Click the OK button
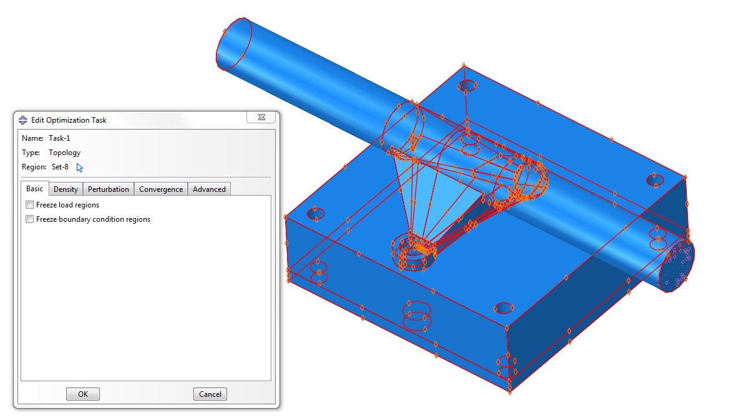(82, 394)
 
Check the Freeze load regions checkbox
(30, 205)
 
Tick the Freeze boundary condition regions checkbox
(30, 219)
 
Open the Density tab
(66, 189)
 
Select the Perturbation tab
(109, 189)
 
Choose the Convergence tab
(161, 189)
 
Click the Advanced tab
(209, 189)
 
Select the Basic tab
(35, 189)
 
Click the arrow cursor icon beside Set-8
(79, 167)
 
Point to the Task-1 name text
(60, 138)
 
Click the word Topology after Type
(64, 153)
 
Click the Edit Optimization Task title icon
(23, 120)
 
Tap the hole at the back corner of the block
(467, 85)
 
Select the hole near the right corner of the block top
(654, 180)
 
